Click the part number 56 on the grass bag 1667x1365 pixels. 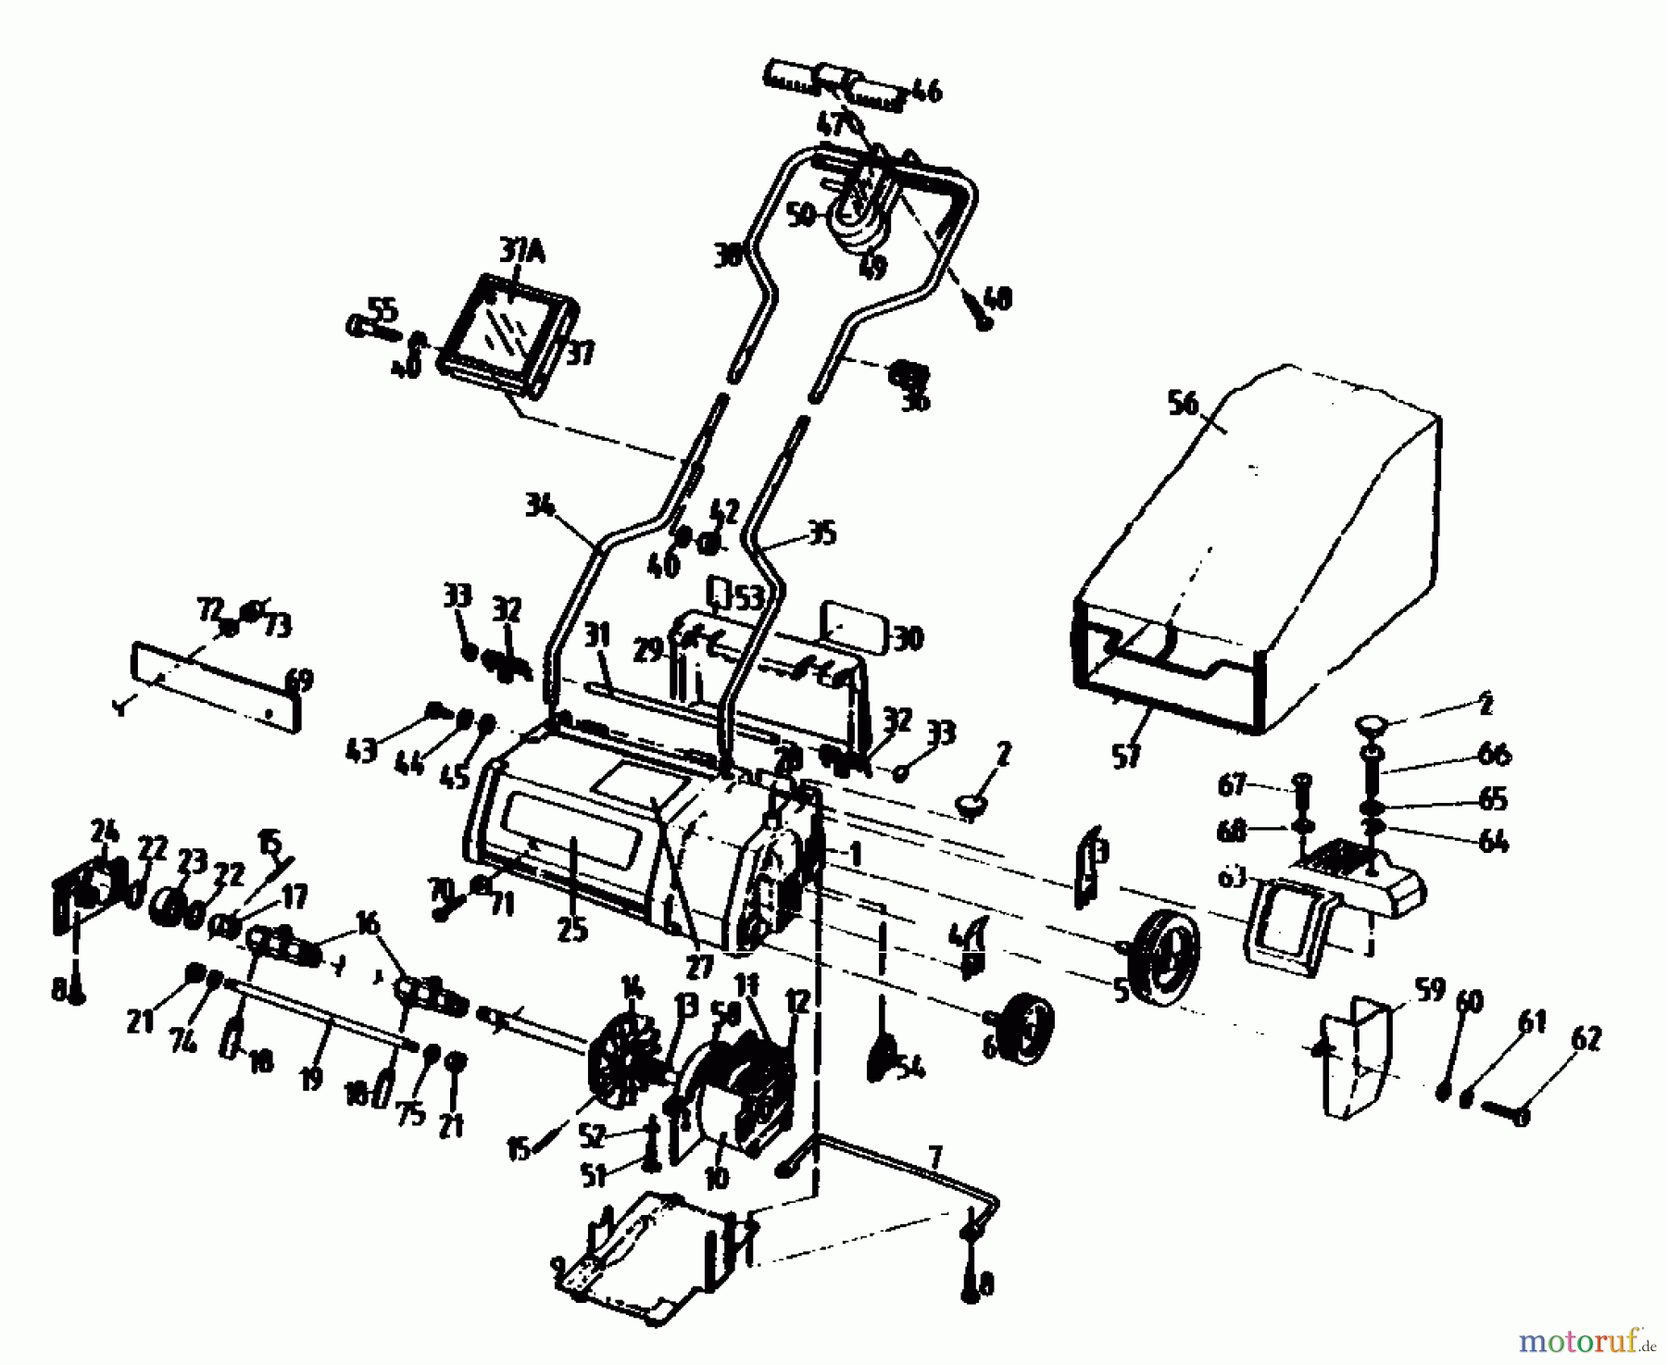[x=1184, y=405]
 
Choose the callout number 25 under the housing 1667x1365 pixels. [x=572, y=929]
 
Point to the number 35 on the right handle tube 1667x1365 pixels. [x=821, y=532]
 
